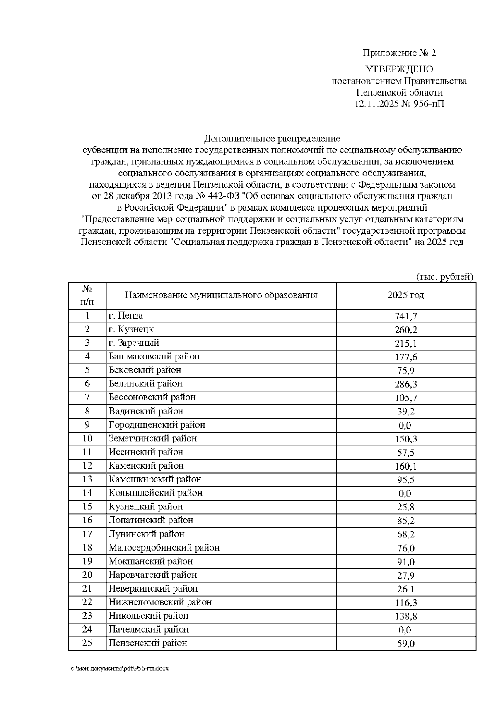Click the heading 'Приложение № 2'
[399, 53]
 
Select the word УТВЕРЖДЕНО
[399, 69]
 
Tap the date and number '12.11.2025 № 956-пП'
[399, 104]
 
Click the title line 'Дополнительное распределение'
[272, 138]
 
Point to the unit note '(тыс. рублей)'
[444, 277]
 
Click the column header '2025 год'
[405, 295]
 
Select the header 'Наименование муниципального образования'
[221, 295]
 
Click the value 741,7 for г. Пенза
[405, 316]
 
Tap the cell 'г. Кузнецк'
[131, 329]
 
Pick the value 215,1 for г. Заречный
[405, 343]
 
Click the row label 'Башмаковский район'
[154, 357]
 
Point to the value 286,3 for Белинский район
[405, 384]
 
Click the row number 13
[87, 479]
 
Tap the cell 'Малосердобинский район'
[164, 548]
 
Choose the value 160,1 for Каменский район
[405, 466]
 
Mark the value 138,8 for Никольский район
[405, 616]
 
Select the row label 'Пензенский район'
[148, 643]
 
